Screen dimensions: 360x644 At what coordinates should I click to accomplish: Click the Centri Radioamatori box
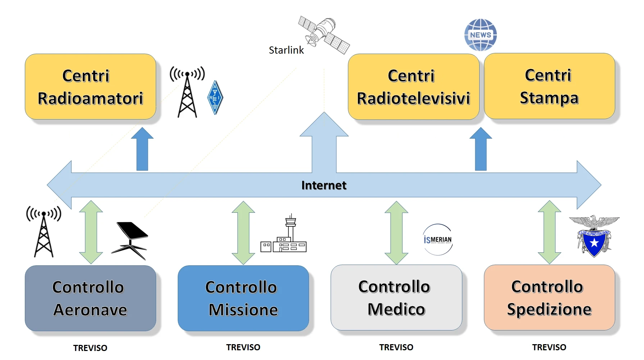point(90,87)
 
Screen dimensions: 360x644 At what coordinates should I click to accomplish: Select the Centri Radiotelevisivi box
point(413,87)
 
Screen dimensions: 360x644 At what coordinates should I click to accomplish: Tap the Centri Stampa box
point(549,86)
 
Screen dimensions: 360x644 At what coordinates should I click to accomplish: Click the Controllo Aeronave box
point(90,298)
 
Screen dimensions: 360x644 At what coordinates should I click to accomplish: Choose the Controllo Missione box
point(243,298)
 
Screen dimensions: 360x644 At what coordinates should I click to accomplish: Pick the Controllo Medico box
point(396,298)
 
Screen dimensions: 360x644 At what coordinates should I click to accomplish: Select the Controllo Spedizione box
point(549,298)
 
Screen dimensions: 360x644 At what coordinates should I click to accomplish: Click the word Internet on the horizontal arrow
point(323,185)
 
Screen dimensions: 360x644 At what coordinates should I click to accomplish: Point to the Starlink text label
point(286,50)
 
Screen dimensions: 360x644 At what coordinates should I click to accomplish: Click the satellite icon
point(324,35)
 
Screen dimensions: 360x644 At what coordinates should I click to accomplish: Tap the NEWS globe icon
point(480,35)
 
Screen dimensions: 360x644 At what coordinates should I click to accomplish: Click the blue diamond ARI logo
point(215,97)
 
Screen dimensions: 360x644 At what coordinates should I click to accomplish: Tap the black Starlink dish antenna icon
point(130,240)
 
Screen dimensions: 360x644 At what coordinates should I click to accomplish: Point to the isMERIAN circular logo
point(437,239)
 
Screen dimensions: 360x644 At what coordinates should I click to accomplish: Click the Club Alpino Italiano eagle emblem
point(594,236)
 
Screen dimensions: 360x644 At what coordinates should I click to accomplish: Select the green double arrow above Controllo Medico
point(396,233)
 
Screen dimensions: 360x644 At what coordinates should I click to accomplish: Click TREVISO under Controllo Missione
point(243,347)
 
